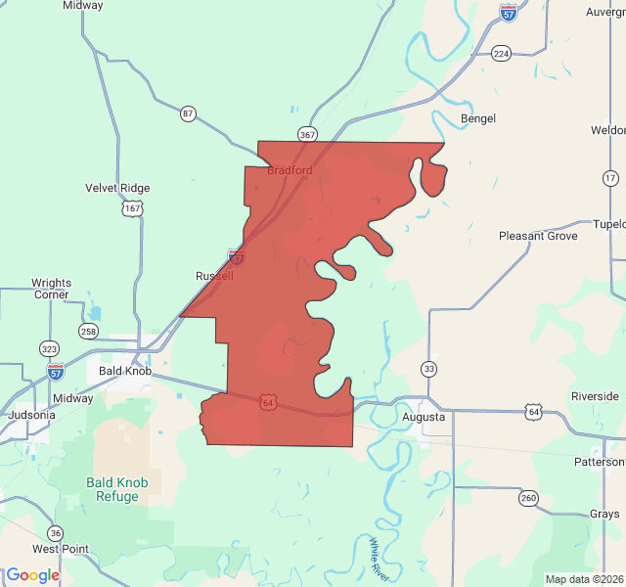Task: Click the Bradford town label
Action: (x=290, y=170)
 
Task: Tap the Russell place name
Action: (x=214, y=276)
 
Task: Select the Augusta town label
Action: (x=424, y=417)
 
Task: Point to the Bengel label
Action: (x=478, y=118)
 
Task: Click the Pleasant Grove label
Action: (x=538, y=236)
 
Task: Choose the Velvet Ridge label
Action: (x=117, y=188)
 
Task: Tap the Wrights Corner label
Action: (x=51, y=289)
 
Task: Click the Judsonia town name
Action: (x=31, y=414)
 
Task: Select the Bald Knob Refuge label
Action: (x=125, y=489)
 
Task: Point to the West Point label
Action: (x=61, y=549)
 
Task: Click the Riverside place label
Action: (x=595, y=396)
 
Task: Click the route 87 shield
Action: (x=188, y=114)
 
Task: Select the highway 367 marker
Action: (x=308, y=134)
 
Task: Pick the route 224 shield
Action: (x=501, y=53)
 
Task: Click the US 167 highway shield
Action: (x=132, y=208)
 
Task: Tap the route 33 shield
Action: (x=428, y=368)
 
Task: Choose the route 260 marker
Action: (x=528, y=497)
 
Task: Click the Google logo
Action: (x=32, y=575)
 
